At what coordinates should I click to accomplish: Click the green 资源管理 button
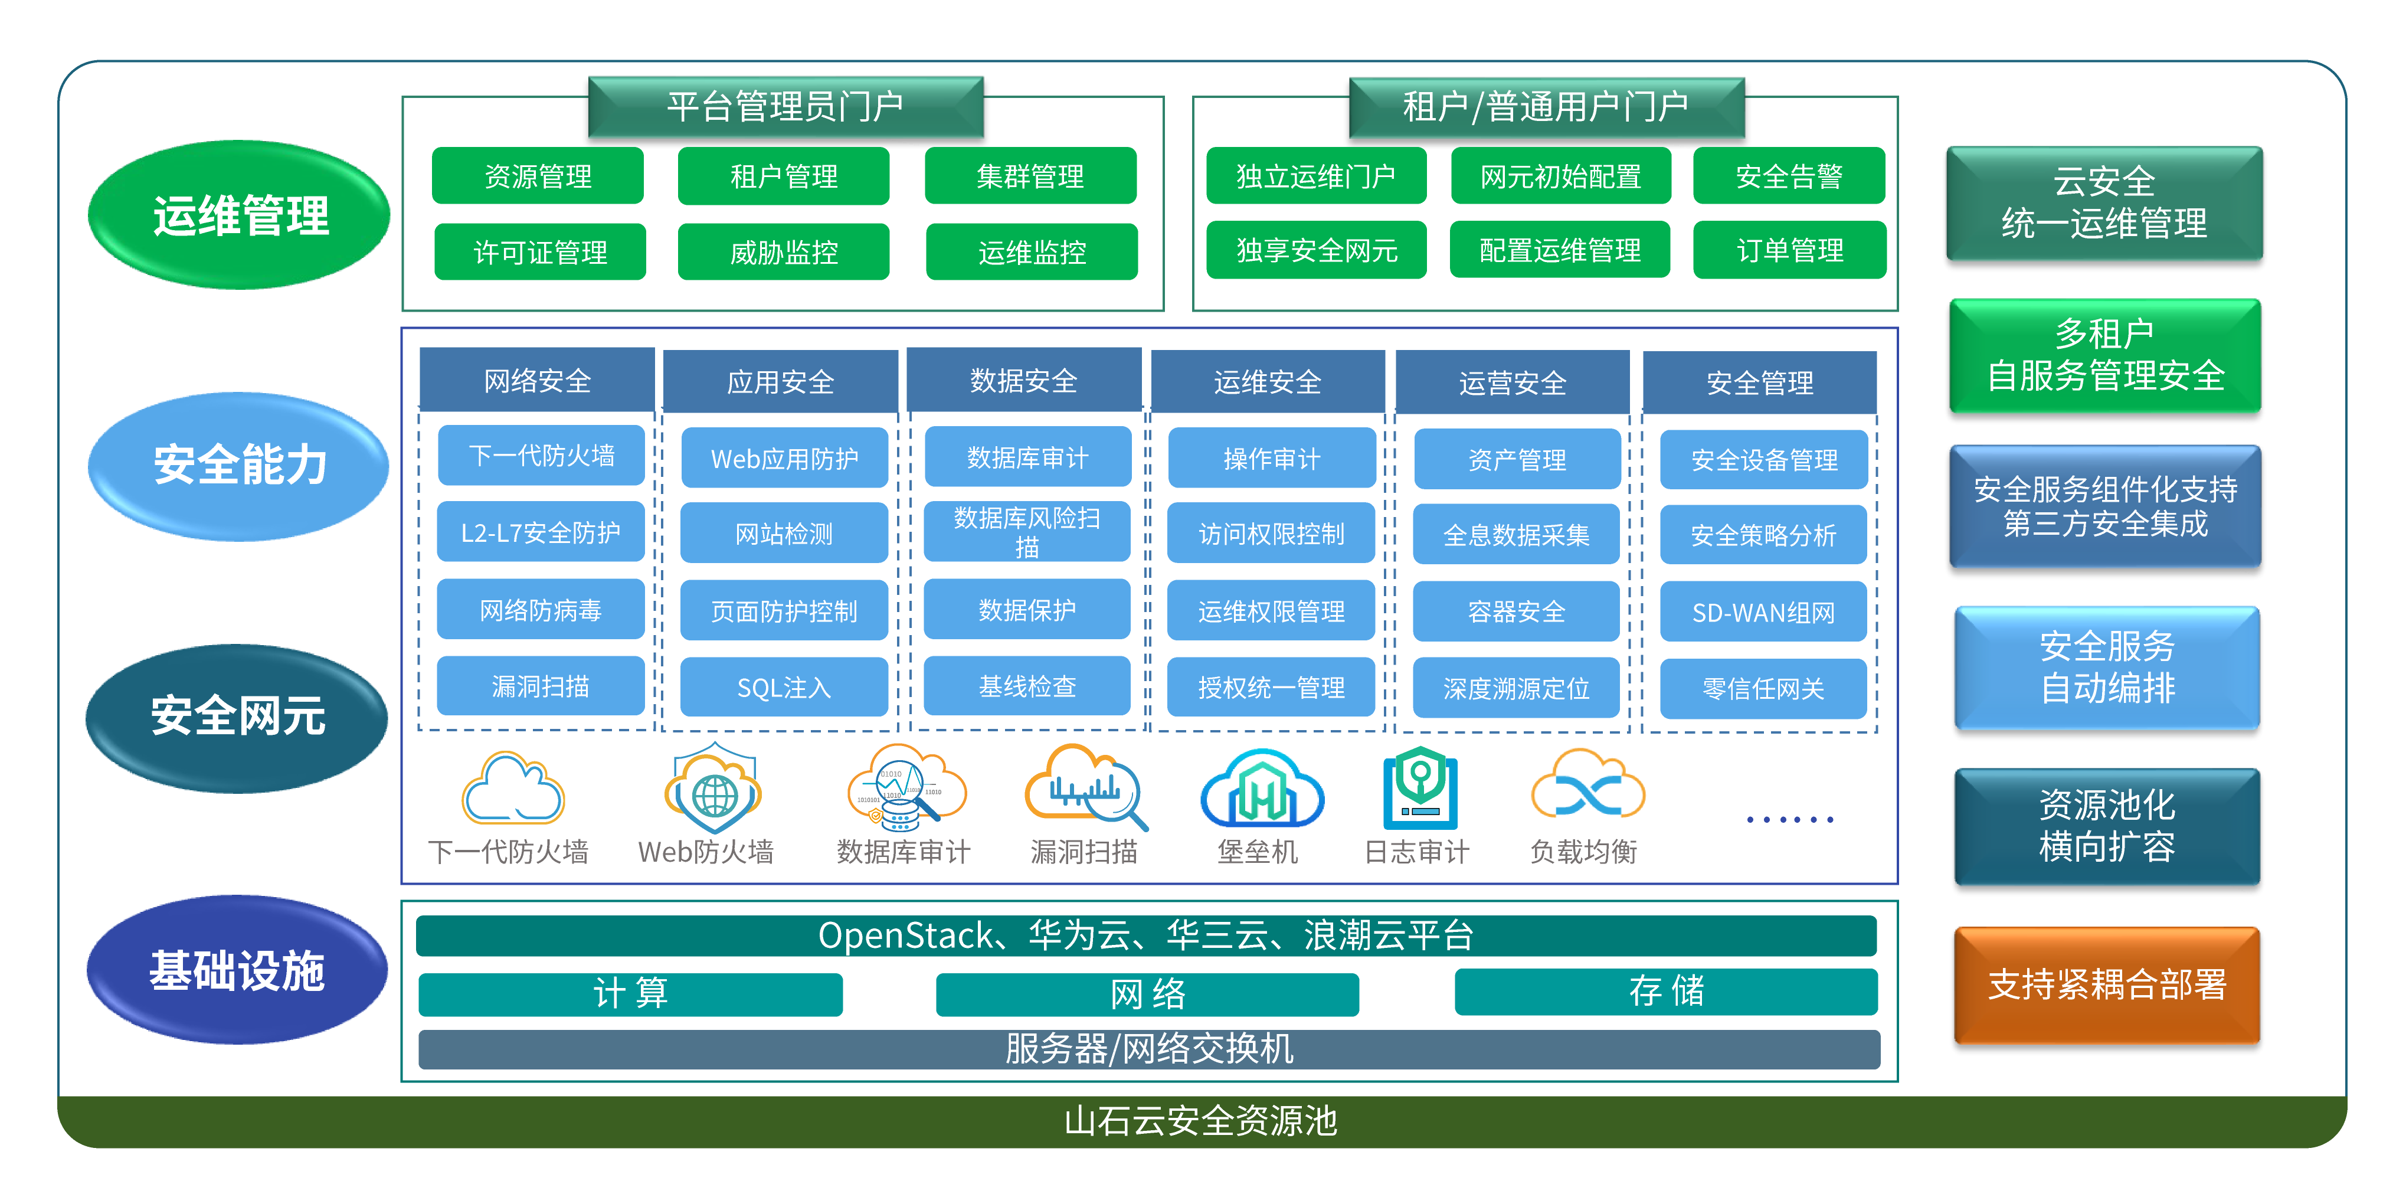click(538, 176)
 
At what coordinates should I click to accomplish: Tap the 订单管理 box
click(1789, 250)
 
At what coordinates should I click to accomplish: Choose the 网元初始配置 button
click(1560, 176)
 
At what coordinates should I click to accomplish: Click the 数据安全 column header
click(1023, 380)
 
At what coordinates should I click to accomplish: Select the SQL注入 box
click(784, 687)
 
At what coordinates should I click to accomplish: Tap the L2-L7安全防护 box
click(540, 533)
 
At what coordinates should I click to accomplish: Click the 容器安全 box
click(1516, 611)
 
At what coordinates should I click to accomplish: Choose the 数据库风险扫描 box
click(1027, 532)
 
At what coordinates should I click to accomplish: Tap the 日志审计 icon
click(1419, 791)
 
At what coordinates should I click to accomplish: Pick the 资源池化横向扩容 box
click(2106, 826)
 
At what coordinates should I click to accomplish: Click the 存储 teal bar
click(1665, 992)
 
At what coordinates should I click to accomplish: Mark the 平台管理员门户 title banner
click(785, 106)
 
